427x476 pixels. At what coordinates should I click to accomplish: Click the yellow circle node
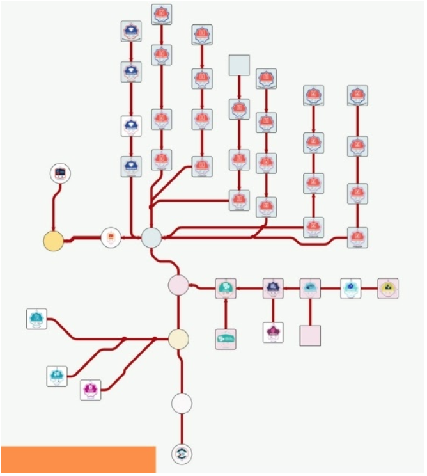pyautogui.click(x=53, y=241)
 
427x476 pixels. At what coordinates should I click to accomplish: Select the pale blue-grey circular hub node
pyautogui.click(x=151, y=237)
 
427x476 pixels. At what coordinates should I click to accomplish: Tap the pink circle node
pyautogui.click(x=178, y=285)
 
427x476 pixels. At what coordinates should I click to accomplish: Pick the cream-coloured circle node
pyautogui.click(x=178, y=338)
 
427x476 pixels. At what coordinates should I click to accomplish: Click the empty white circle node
pyautogui.click(x=182, y=403)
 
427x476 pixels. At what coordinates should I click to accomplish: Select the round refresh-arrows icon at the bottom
pyautogui.click(x=182, y=453)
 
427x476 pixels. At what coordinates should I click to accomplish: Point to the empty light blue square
pyautogui.click(x=239, y=65)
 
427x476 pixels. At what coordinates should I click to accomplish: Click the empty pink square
pyautogui.click(x=310, y=335)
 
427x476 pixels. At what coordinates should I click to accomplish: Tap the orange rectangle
pyautogui.click(x=78, y=460)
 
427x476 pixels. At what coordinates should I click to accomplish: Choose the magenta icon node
pyautogui.click(x=91, y=390)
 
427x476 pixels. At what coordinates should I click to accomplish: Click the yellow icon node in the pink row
pyautogui.click(x=388, y=289)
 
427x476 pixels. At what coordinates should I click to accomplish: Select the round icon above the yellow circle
pyautogui.click(x=60, y=173)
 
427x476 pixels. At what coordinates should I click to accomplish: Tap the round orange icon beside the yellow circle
pyautogui.click(x=111, y=237)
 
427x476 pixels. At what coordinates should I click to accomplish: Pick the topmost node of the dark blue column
pyautogui.click(x=131, y=31)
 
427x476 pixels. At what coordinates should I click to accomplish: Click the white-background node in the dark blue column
pyautogui.click(x=131, y=125)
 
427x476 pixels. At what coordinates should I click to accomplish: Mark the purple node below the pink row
pyautogui.click(x=273, y=332)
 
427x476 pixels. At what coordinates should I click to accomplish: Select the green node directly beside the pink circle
pyautogui.click(x=226, y=289)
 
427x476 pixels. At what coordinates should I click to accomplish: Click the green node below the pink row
pyautogui.click(x=226, y=339)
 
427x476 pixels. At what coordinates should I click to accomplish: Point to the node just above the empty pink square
pyautogui.click(x=310, y=289)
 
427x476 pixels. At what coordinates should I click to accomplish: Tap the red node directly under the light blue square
pyautogui.click(x=239, y=109)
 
